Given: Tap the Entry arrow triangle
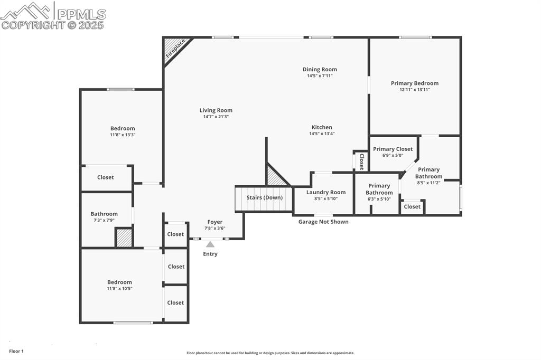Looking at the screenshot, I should (210, 244).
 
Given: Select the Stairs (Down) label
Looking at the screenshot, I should (264, 197).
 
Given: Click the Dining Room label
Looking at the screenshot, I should (320, 69).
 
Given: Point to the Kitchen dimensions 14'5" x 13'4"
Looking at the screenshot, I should (322, 134).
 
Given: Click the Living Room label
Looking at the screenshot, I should (216, 110).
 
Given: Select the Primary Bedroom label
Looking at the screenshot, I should (415, 83).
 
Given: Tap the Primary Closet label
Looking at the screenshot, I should (393, 149).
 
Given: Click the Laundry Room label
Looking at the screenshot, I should (326, 192).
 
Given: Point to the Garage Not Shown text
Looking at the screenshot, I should (323, 222).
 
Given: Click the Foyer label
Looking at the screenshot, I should (214, 222).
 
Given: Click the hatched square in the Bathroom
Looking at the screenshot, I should (124, 238).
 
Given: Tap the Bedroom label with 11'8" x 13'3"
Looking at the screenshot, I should (123, 128).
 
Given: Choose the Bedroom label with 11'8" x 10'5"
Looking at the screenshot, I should (119, 282).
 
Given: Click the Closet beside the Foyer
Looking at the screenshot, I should (175, 234).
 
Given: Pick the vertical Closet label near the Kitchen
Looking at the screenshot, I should (361, 160).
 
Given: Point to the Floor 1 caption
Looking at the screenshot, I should (16, 351).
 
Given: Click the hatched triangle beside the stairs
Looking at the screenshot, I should (275, 177).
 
